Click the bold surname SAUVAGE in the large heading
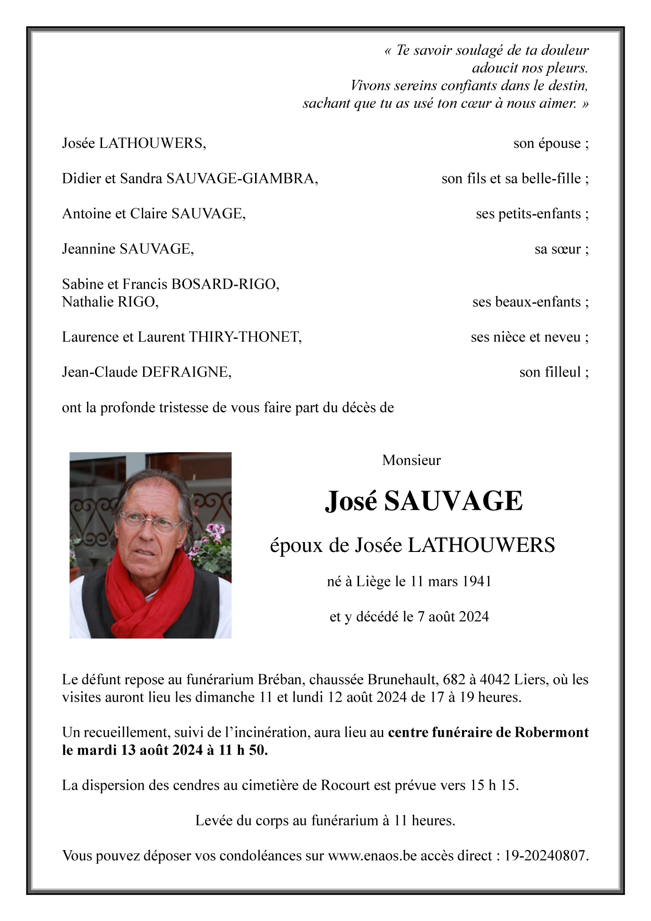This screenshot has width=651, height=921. tap(453, 501)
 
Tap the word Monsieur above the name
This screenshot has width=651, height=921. tap(411, 460)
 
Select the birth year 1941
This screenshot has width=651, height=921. tap(476, 581)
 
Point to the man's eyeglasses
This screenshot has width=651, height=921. tap(150, 521)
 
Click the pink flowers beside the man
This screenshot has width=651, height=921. tap(215, 531)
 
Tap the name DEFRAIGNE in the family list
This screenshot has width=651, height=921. tap(186, 372)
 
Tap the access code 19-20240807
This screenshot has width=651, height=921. tap(545, 856)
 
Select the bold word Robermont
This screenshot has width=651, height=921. tap(551, 732)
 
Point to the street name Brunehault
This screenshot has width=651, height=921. tap(403, 680)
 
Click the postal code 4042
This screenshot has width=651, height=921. tap(495, 680)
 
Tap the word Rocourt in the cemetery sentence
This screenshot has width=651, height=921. tap(345, 785)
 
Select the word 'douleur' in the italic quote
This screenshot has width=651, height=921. tap(565, 50)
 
